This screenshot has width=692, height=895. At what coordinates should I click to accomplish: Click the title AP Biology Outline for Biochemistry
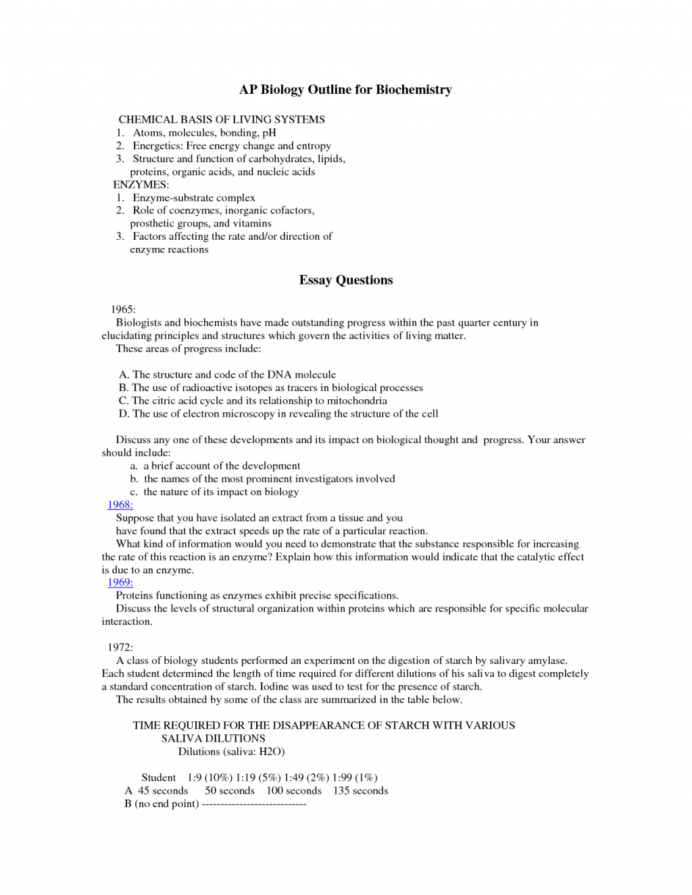345,90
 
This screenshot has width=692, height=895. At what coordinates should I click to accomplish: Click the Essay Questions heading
345,280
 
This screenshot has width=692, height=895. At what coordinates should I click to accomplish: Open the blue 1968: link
120,505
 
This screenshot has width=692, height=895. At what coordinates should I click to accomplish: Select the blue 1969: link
120,582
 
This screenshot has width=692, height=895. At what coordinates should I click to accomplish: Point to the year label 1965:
123,309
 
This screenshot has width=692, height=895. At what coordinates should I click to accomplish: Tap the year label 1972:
120,647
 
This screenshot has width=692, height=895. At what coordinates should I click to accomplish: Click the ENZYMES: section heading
141,184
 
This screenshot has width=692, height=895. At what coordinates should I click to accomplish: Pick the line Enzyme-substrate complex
193,198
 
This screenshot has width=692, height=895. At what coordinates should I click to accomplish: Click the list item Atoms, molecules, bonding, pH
204,132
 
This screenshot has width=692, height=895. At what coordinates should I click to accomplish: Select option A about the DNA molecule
227,374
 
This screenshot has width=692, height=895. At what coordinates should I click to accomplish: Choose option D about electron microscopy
278,413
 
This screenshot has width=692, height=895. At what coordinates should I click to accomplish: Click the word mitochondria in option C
357,401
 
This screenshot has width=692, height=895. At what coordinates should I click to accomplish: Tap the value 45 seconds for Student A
163,790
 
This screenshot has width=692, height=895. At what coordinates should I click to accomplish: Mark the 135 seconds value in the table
360,790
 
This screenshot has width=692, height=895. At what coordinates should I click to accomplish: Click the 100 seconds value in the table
294,790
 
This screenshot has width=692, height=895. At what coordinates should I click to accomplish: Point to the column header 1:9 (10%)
210,777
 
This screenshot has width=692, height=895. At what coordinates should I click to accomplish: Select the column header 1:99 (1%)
355,777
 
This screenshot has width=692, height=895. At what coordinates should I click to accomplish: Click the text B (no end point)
162,804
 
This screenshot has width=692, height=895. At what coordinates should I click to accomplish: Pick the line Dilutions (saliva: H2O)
231,751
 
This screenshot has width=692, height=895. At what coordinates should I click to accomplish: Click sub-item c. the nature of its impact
214,492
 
